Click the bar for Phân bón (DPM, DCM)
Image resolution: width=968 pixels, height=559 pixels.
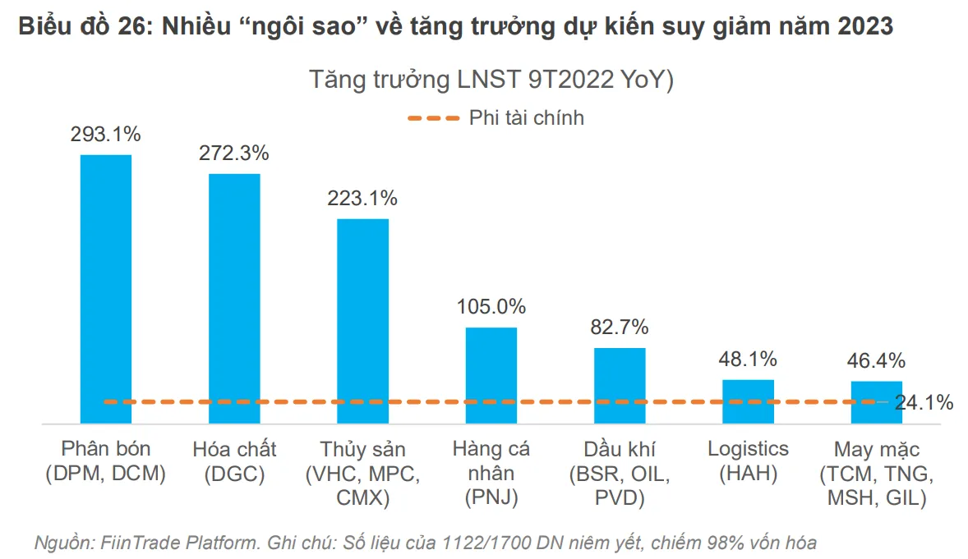tap(105, 287)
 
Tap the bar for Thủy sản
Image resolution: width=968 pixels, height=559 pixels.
tap(363, 320)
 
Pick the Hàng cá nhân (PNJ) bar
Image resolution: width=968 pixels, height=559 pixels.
tap(491, 374)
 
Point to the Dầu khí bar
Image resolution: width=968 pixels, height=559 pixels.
tap(620, 384)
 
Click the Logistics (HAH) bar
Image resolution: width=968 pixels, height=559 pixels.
tap(748, 401)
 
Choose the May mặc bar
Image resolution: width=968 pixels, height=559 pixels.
tap(876, 401)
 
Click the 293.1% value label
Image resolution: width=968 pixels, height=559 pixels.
tap(105, 134)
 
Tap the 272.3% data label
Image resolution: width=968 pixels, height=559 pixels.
tap(234, 153)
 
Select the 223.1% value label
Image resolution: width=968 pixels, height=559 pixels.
tap(362, 198)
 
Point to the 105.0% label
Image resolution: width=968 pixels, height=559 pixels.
tap(491, 307)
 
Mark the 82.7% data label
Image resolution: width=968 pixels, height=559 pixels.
tap(620, 327)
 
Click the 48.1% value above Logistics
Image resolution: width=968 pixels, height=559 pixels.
tap(748, 359)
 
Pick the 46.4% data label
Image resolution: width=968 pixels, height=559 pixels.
tap(876, 360)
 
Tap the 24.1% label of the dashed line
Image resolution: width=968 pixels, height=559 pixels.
tap(924, 402)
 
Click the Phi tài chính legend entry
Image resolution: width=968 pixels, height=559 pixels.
tap(526, 118)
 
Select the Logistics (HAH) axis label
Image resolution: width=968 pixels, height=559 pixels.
tap(748, 461)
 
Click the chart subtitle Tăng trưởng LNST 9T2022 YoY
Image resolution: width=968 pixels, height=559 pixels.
tap(491, 80)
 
